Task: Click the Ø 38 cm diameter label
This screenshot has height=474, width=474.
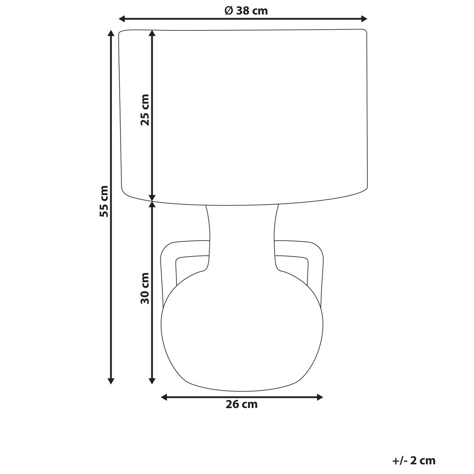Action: click(246, 11)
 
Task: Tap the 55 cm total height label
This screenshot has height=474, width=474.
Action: click(104, 201)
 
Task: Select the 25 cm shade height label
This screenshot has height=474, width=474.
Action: click(145, 110)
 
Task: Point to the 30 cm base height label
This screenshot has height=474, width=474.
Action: click(145, 288)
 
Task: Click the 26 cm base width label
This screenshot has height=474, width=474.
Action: click(242, 404)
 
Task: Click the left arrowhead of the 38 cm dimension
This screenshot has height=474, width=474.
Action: click(122, 19)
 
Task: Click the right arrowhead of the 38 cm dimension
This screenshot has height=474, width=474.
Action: click(364, 19)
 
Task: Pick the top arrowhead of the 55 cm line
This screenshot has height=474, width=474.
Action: click(111, 33)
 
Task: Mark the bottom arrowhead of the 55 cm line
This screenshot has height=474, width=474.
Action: click(111, 380)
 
